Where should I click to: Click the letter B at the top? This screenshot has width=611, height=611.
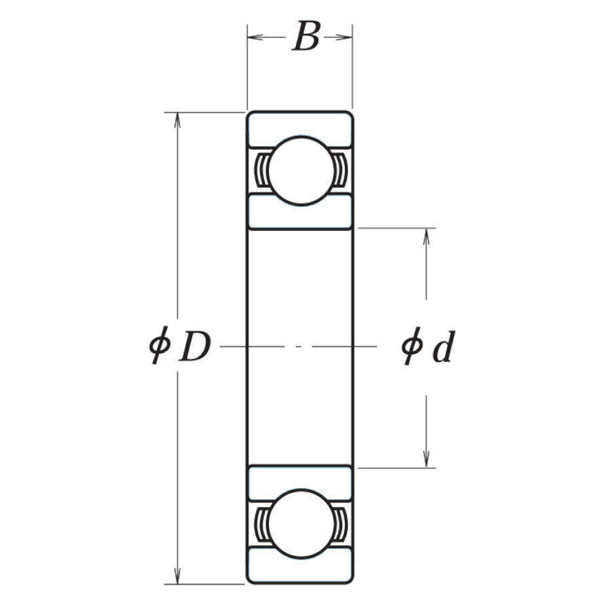[305, 37]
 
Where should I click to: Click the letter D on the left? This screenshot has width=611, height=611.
[195, 348]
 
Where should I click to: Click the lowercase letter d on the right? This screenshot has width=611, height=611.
[443, 348]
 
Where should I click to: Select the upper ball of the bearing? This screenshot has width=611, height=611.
[299, 170]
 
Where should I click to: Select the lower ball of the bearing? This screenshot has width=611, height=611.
[299, 523]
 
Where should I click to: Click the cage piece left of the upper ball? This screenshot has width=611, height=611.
[261, 170]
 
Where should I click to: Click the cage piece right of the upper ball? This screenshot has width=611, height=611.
[339, 170]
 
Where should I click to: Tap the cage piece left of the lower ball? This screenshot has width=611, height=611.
[261, 523]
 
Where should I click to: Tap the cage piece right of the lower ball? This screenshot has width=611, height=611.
[339, 523]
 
